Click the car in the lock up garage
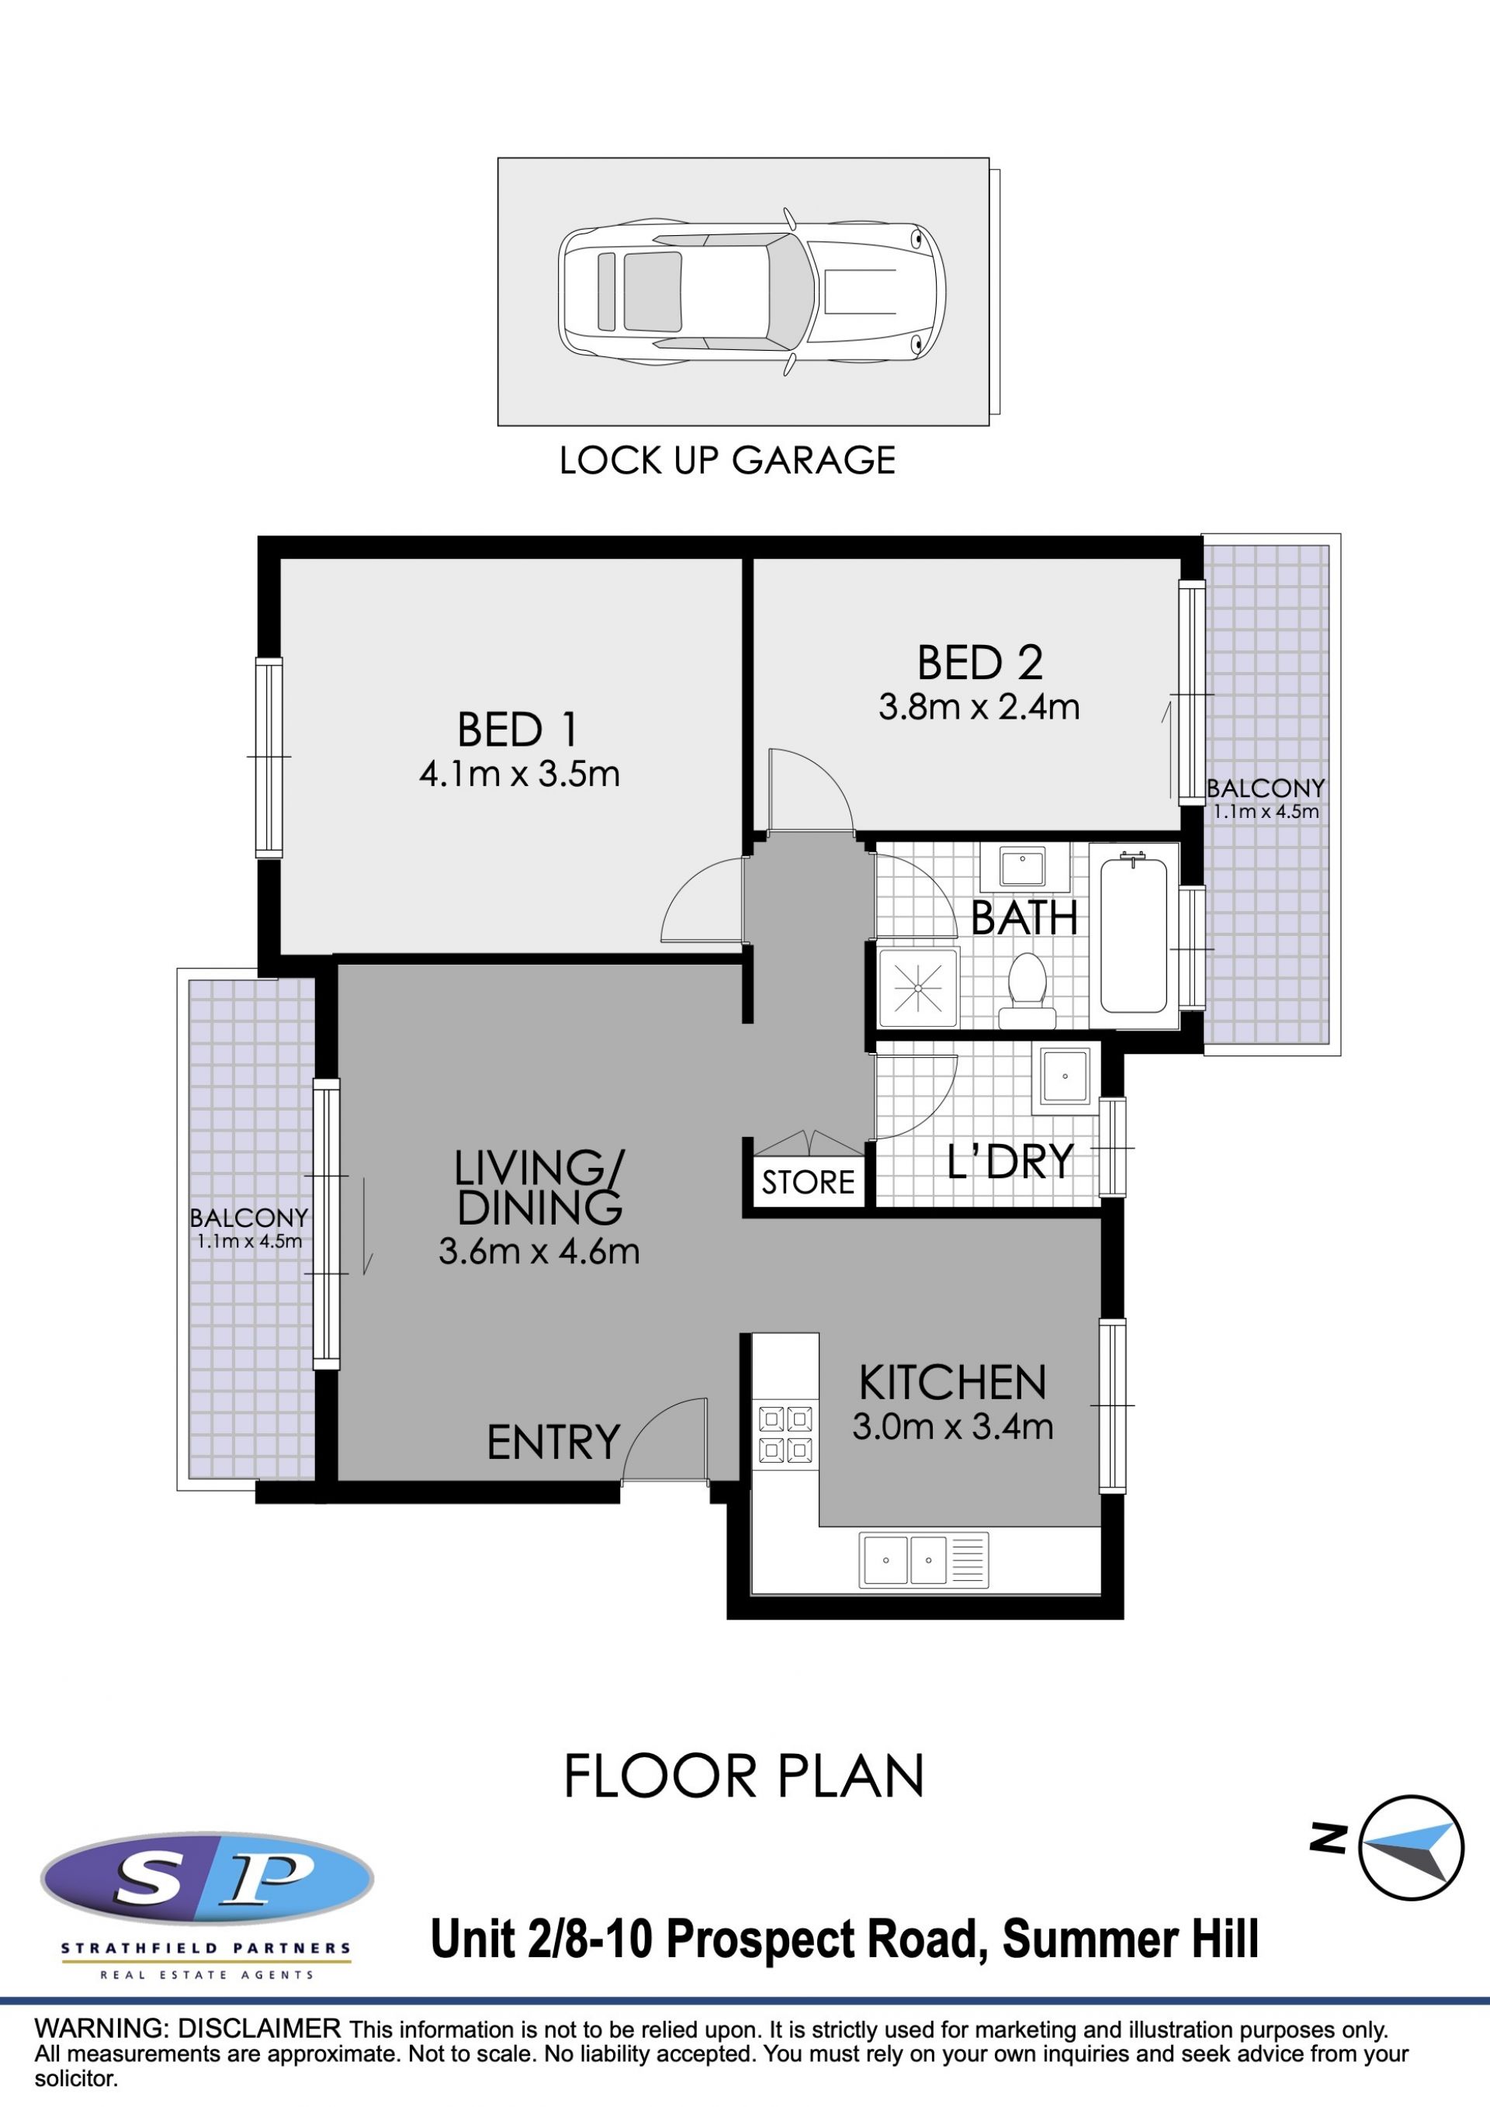[x=751, y=291]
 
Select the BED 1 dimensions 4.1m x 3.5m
[x=519, y=774]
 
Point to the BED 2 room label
[x=980, y=663]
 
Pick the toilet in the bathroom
[x=1027, y=991]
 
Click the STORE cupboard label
[x=807, y=1182]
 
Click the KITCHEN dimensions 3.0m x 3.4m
[x=952, y=1426]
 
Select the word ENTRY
[x=553, y=1443]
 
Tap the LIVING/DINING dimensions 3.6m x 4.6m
[x=539, y=1251]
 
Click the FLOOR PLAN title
[x=743, y=1776]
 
